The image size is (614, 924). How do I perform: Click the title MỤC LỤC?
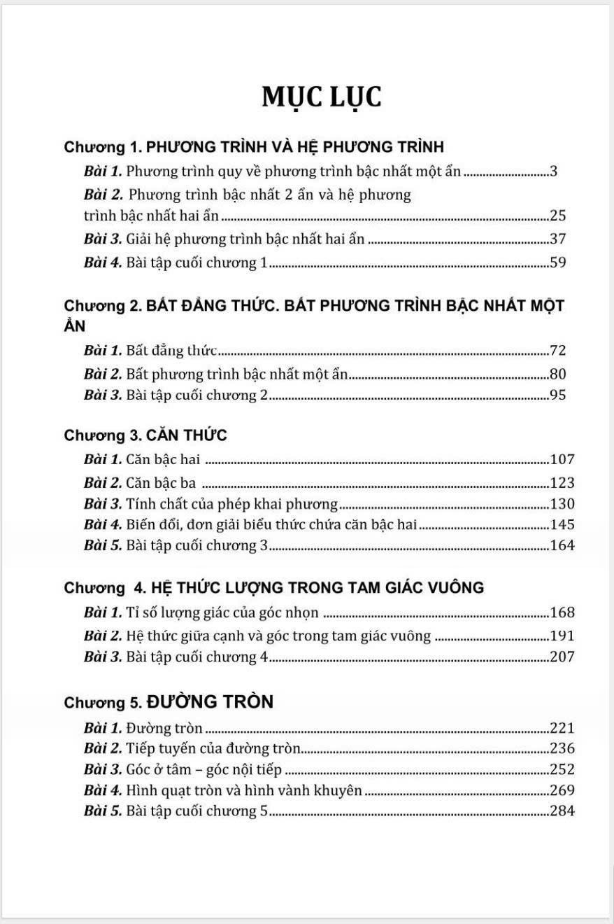coord(322,97)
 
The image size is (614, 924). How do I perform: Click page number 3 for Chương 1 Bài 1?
coord(553,171)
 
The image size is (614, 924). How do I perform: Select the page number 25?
coord(557,216)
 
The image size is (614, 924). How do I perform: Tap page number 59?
coord(557,262)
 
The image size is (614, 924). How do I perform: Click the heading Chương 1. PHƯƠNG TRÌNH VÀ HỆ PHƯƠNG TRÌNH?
coord(254,147)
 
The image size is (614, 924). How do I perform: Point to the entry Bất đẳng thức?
coord(171,350)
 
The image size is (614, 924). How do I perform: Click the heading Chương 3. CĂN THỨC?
coord(145,435)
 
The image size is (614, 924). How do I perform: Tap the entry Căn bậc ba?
coord(161,482)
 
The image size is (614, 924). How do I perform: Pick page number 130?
coord(562,504)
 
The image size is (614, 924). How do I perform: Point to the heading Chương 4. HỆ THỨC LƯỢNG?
coord(273,588)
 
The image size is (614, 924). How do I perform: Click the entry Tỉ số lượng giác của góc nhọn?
coord(222,613)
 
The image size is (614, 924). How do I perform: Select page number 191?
coord(562,636)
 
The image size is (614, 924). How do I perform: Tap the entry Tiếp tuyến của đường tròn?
coord(213,748)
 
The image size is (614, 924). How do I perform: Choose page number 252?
coord(562,769)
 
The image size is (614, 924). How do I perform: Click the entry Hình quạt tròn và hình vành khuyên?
coord(244,790)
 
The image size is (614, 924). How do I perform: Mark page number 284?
coord(562,811)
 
